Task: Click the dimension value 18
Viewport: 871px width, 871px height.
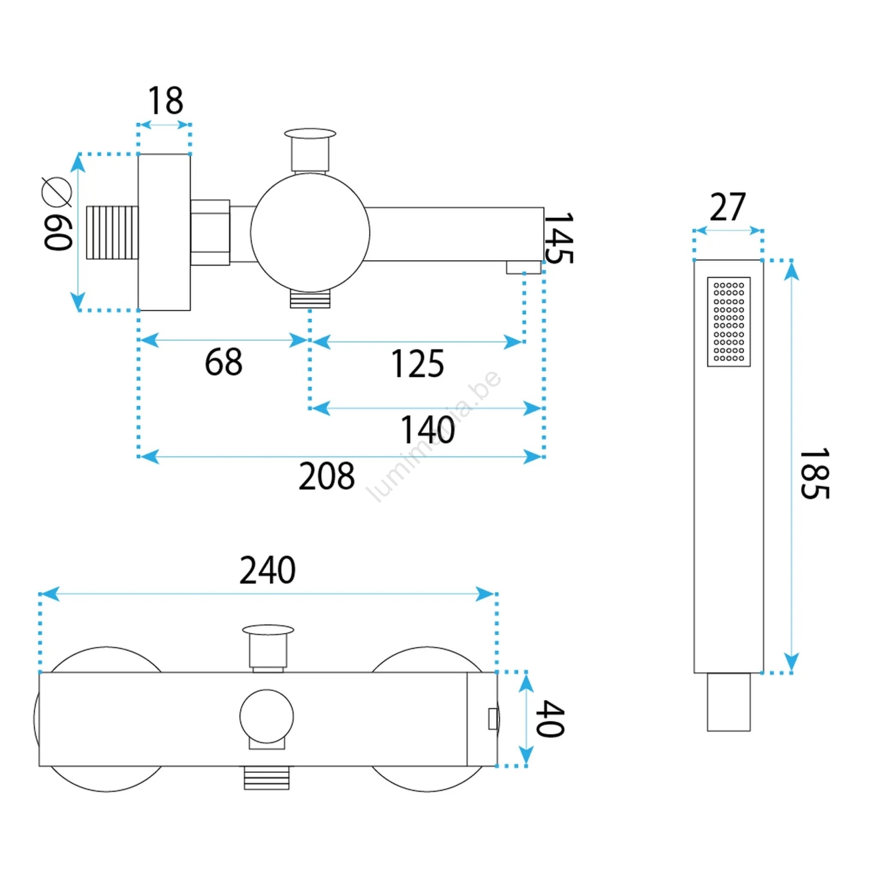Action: (165, 101)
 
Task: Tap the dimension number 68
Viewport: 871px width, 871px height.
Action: (224, 362)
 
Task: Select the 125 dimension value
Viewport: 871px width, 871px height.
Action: (418, 364)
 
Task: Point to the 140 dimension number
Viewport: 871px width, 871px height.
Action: (428, 430)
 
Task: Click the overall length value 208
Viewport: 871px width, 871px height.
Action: (327, 476)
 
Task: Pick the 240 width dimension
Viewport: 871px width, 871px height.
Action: (268, 570)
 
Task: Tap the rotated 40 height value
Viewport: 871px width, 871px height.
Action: (550, 719)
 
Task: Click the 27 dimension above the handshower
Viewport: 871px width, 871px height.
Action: (728, 207)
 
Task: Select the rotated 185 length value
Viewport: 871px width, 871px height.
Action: (814, 474)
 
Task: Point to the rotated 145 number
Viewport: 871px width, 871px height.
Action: (559, 238)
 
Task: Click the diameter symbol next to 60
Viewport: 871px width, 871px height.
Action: (57, 192)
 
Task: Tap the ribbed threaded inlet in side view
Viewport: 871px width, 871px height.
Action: (112, 232)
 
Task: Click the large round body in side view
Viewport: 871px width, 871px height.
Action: (310, 233)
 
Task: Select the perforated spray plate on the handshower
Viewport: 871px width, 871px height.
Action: (729, 322)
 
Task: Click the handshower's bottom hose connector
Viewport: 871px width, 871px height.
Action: (729, 702)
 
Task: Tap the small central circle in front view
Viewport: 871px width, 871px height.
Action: (267, 716)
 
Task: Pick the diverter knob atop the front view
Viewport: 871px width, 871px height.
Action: (268, 647)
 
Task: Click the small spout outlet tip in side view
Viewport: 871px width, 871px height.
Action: (524, 267)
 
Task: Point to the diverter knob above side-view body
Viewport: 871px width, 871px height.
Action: (310, 150)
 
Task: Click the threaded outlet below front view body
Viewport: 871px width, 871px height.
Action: (267, 778)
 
